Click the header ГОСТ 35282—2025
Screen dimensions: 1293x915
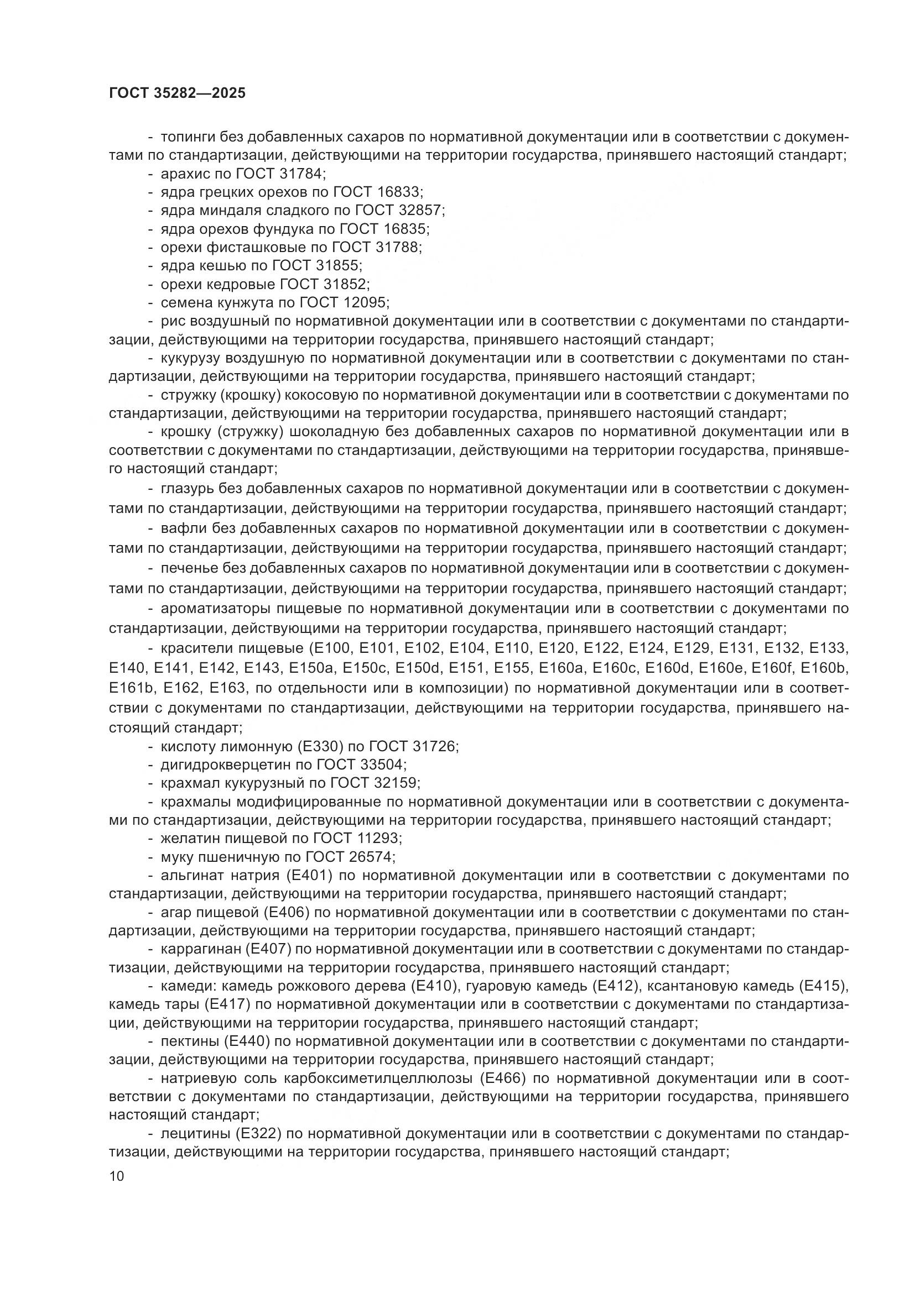click(x=177, y=93)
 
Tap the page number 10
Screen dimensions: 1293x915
click(x=117, y=1176)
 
